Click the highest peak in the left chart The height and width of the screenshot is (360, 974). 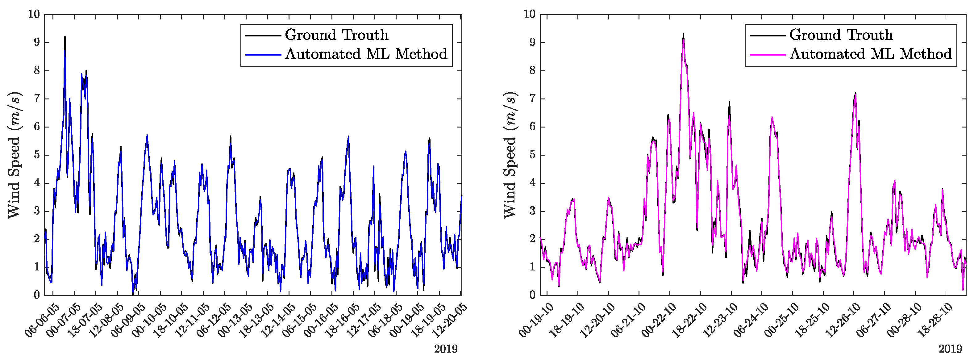point(65,37)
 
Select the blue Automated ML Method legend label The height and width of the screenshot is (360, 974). point(366,54)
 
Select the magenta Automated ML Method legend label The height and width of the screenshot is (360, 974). point(870,54)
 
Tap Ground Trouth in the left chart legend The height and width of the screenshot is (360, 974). point(336,35)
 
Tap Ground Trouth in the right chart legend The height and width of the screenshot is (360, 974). point(841,35)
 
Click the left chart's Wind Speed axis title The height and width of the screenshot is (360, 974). point(15,155)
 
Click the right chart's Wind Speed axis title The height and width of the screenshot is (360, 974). point(510,155)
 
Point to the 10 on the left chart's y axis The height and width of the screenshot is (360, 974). point(34,15)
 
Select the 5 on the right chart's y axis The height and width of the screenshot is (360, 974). point(532,155)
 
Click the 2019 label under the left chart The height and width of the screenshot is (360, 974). point(446,349)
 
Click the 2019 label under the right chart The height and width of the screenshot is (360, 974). point(950,349)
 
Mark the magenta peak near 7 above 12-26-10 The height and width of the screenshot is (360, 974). point(855,95)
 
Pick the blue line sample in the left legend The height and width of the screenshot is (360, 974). point(263,55)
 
